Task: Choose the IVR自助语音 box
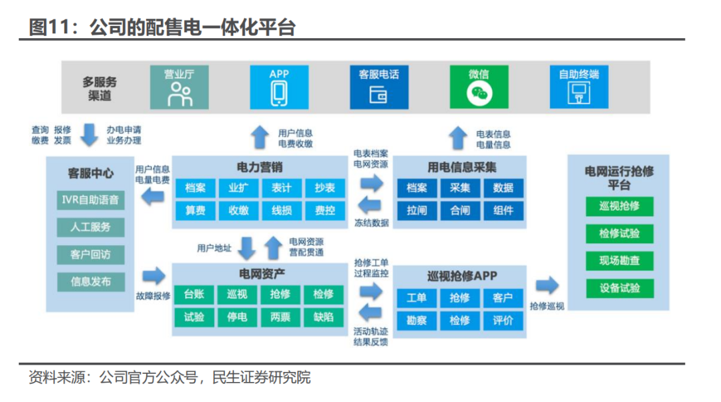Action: click(91, 199)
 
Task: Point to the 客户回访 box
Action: click(91, 254)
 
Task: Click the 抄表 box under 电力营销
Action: click(324, 188)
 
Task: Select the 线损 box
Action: click(281, 210)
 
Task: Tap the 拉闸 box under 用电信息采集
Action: click(417, 210)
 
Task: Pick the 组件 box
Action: click(503, 210)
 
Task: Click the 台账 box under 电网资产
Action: click(194, 294)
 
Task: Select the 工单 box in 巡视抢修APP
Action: click(417, 298)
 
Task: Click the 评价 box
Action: click(503, 320)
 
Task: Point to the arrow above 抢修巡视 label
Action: click(547, 286)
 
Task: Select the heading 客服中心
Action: click(91, 174)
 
